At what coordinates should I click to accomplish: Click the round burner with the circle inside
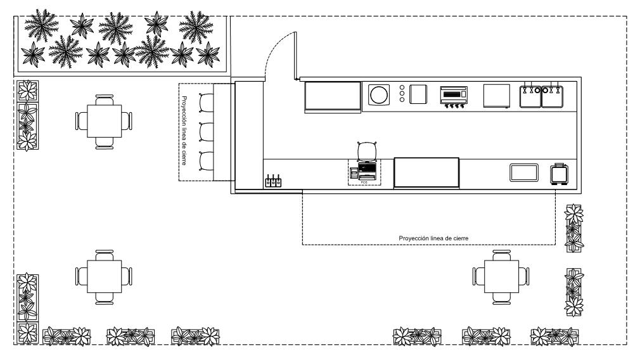(380, 95)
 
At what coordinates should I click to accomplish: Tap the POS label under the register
(364, 183)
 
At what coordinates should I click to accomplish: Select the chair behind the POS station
(367, 151)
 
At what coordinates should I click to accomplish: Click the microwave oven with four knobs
(454, 96)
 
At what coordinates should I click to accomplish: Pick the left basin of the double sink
(530, 96)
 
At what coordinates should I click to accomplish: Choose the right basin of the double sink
(551, 96)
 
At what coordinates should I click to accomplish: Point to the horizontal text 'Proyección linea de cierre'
(433, 238)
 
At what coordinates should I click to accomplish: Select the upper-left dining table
(104, 120)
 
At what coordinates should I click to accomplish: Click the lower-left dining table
(104, 276)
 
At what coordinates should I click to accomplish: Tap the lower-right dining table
(501, 276)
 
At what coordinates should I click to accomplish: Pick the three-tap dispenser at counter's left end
(272, 182)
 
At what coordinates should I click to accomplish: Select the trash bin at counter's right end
(558, 173)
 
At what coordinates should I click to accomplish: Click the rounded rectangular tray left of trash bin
(524, 172)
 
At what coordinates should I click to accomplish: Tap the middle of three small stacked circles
(402, 94)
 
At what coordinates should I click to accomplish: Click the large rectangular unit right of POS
(426, 173)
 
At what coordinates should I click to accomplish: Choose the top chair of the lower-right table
(501, 255)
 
